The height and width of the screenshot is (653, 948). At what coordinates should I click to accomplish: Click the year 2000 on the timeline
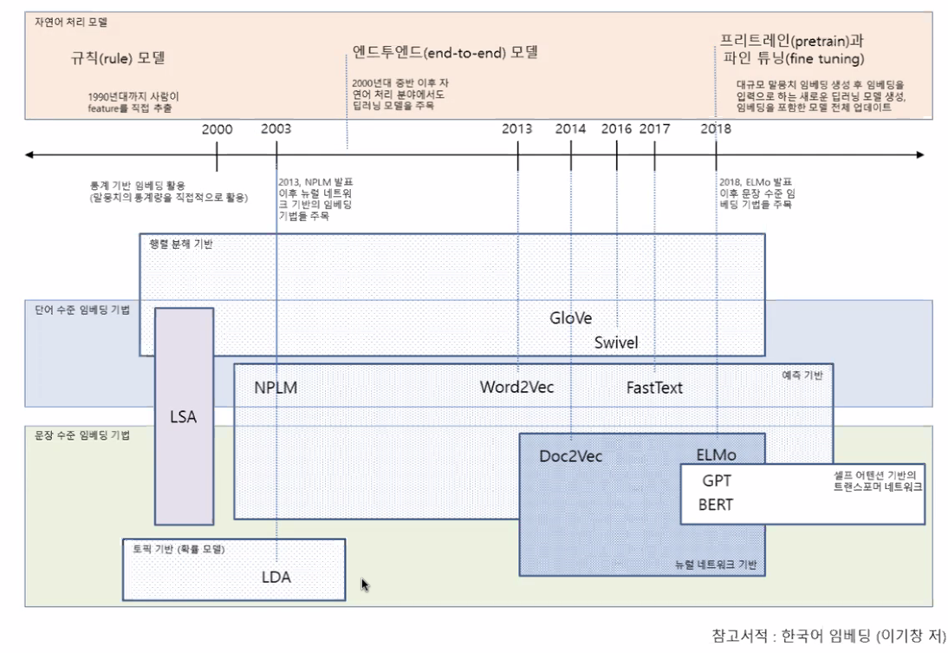[x=217, y=129]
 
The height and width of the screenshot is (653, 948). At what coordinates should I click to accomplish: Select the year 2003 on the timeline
[x=276, y=129]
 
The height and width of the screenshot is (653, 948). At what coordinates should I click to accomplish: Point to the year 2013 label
[x=517, y=129]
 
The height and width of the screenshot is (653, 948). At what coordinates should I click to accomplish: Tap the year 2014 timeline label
[x=570, y=129]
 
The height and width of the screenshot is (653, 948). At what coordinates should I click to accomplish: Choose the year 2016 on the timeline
[x=616, y=129]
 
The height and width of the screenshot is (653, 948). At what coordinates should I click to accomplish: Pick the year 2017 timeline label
[x=654, y=129]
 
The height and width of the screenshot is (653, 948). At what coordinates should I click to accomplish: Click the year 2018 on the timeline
[x=716, y=129]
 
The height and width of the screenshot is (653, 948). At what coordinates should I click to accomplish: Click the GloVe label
[x=570, y=317]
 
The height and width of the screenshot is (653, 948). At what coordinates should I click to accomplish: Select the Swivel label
[x=616, y=343]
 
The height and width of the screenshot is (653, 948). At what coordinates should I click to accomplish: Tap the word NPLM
[x=276, y=388]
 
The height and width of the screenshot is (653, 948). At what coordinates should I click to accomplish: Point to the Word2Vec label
[x=517, y=388]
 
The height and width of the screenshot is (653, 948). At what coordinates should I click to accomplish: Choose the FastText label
[x=654, y=388]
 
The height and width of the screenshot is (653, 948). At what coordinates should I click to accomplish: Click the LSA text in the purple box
[x=184, y=417]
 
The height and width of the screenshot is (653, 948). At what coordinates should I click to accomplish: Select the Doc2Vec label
[x=570, y=456]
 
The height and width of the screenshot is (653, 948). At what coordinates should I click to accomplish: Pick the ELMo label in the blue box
[x=717, y=455]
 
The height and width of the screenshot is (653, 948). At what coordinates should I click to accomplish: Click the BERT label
[x=716, y=505]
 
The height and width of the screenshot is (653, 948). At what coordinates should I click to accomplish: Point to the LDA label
[x=276, y=577]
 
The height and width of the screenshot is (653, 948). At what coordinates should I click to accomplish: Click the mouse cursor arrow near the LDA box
[x=365, y=584]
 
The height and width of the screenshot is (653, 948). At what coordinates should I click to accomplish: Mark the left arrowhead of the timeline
[x=29, y=155]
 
